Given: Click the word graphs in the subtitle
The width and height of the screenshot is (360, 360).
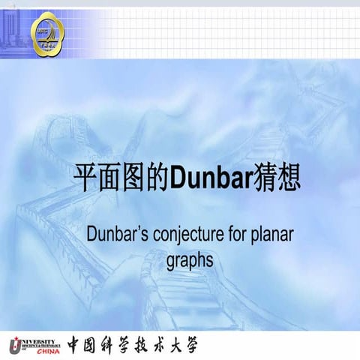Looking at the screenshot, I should [190, 260].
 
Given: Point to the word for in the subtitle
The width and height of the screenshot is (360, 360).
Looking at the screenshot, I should [235, 235].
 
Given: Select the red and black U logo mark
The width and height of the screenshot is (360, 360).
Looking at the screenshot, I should [16, 344].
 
